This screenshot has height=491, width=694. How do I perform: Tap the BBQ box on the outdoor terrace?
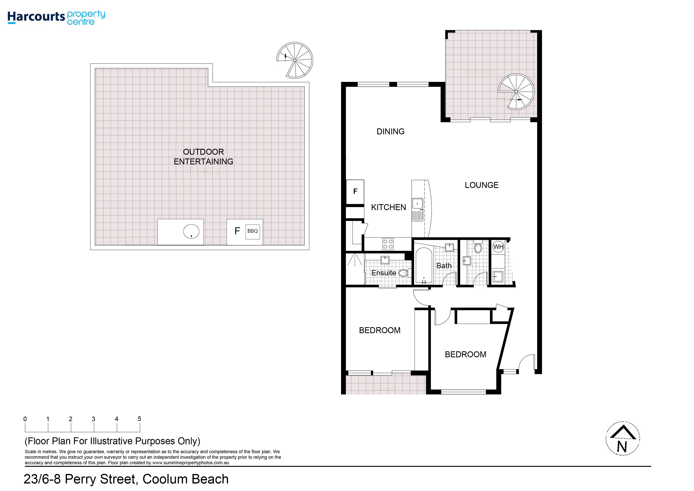253,232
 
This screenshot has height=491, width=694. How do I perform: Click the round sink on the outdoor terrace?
191,232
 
